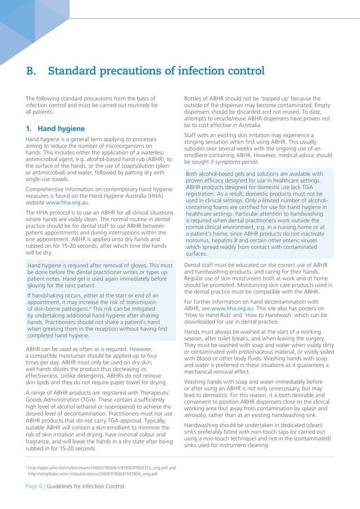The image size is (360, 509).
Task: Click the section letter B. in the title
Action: [x=32, y=72]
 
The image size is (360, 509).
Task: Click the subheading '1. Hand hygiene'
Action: [x=55, y=128]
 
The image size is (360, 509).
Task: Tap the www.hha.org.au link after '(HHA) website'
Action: [x=67, y=202]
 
